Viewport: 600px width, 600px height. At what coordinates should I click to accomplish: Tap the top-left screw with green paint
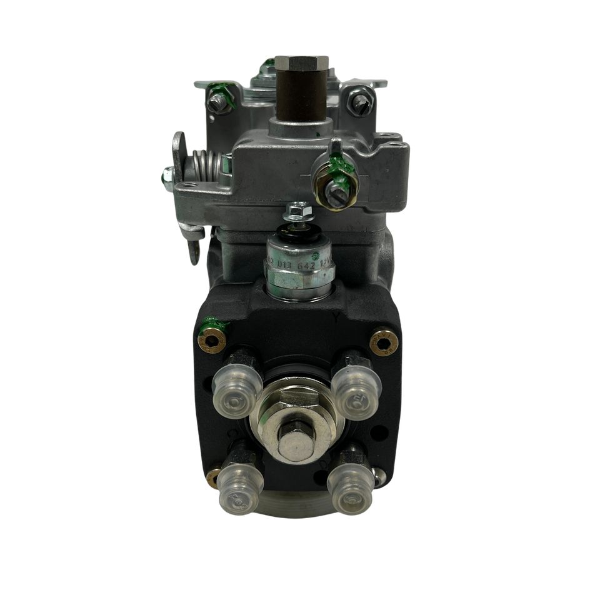[216, 100]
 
